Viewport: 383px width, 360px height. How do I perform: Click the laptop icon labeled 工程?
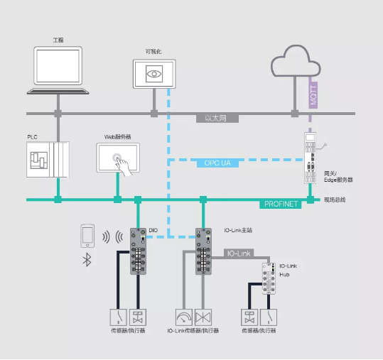pyautogui.click(x=58, y=70)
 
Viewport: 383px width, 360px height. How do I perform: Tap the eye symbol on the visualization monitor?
pyautogui.click(x=154, y=74)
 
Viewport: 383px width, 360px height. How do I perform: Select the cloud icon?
pyautogui.click(x=296, y=61)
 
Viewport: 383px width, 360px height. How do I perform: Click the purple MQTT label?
pyautogui.click(x=313, y=95)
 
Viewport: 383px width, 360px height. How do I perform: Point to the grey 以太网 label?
pyautogui.click(x=217, y=119)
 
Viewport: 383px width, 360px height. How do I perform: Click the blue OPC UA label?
pyautogui.click(x=217, y=163)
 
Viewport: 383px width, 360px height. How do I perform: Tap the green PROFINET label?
pyautogui.click(x=281, y=204)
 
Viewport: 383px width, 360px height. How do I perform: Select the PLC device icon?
pyautogui.click(x=48, y=160)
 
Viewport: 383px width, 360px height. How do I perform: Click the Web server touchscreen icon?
pyautogui.click(x=118, y=158)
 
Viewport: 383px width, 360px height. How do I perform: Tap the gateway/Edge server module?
pyautogui.click(x=311, y=158)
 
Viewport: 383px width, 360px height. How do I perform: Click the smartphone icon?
pyautogui.click(x=87, y=236)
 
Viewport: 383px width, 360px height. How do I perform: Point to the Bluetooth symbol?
pyautogui.click(x=87, y=259)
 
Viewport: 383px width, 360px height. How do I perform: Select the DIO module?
pyautogui.click(x=138, y=251)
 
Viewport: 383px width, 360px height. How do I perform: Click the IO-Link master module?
pyautogui.click(x=203, y=251)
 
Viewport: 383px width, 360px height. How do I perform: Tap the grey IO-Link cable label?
pyautogui.click(x=239, y=253)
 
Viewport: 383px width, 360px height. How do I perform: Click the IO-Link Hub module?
pyautogui.click(x=269, y=278)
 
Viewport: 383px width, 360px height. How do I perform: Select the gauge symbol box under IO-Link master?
pyautogui.click(x=184, y=317)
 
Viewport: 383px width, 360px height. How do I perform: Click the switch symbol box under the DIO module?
pyautogui.click(x=119, y=317)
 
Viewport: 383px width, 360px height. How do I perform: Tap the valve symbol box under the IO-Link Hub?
pyautogui.click(x=249, y=317)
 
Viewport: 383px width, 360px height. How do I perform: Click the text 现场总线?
pyautogui.click(x=335, y=200)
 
